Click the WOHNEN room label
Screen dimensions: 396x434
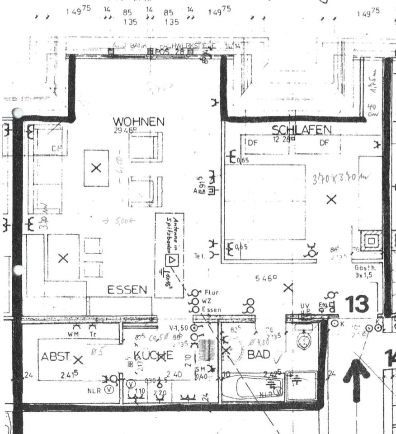point(138,122)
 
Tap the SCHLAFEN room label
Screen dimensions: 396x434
point(301,130)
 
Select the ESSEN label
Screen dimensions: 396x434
point(127,290)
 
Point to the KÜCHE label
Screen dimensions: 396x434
point(153,355)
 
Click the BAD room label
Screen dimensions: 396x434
point(259,354)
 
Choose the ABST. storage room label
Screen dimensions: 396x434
point(56,356)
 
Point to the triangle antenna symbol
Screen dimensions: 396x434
point(172,260)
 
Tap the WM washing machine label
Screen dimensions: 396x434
point(73,334)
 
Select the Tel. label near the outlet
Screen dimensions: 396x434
point(200,256)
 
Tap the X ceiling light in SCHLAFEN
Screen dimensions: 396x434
point(331,199)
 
